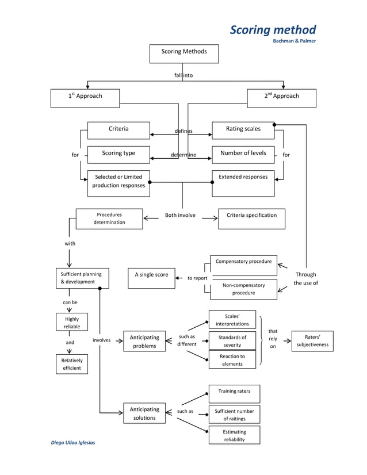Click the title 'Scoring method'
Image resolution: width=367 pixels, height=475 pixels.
click(x=273, y=29)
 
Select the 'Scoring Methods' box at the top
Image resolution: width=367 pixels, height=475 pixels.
click(x=183, y=53)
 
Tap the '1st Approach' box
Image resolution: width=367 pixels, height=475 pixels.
click(x=85, y=98)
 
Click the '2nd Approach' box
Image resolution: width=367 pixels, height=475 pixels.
click(x=281, y=98)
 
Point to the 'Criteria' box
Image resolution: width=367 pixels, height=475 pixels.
click(x=118, y=130)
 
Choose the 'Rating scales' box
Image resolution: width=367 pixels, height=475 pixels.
click(x=243, y=130)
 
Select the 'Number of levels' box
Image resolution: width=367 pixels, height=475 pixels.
click(x=243, y=154)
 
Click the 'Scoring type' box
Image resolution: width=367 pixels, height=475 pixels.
click(x=118, y=154)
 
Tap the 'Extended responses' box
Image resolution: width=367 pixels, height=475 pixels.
click(x=243, y=183)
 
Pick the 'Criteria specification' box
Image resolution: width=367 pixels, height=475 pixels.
click(x=251, y=219)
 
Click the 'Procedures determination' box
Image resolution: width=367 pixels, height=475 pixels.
click(x=109, y=219)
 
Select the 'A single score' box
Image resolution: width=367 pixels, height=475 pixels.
click(x=151, y=278)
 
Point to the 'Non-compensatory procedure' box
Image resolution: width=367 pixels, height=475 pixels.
click(x=243, y=289)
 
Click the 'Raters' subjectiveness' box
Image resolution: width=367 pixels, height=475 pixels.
click(x=312, y=340)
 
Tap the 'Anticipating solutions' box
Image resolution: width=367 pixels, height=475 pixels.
click(x=144, y=413)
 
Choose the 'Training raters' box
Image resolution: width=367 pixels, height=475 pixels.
click(x=234, y=394)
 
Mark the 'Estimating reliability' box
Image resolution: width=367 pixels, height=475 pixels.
click(x=234, y=435)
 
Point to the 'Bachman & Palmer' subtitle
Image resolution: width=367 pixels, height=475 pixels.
click(x=294, y=41)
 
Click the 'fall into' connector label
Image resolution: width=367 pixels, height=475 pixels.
click(x=183, y=75)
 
